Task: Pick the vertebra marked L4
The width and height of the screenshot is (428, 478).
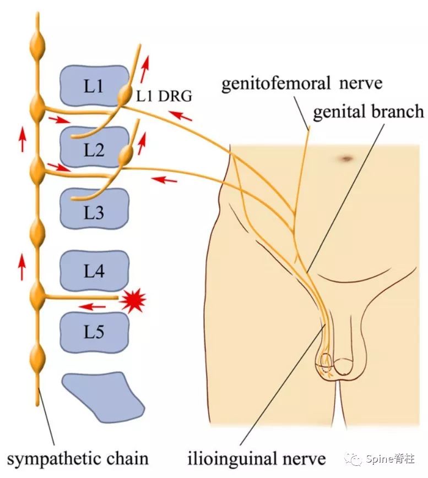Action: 94,271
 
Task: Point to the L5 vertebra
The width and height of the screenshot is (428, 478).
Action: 94,332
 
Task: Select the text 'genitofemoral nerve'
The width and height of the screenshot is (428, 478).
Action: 301,84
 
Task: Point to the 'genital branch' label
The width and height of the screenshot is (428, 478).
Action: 369,112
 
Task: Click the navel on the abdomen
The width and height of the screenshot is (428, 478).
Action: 346,160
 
